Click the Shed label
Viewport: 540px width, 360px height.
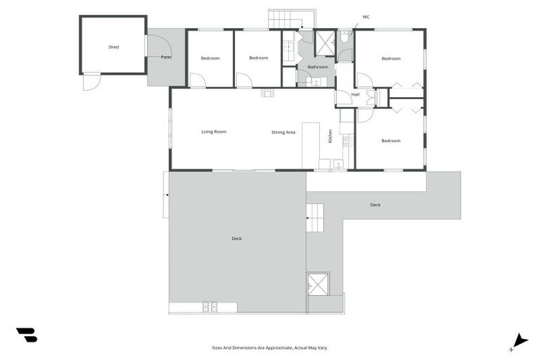coord(113,47)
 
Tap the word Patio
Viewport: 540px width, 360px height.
coord(166,57)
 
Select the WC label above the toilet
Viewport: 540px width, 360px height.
coord(366,15)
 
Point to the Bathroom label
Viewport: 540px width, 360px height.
coord(318,67)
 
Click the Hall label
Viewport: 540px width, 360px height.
coord(355,94)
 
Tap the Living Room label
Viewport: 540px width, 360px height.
coord(214,131)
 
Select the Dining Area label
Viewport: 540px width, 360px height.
coord(283,132)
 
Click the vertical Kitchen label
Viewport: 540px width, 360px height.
coord(330,135)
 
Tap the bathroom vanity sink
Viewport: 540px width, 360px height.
coord(314,82)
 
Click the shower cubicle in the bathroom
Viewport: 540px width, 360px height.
coord(325,42)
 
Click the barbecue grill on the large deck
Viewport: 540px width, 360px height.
coord(210,307)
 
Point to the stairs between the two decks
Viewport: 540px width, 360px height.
coord(316,217)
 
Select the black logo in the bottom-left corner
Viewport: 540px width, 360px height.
coord(27,335)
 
